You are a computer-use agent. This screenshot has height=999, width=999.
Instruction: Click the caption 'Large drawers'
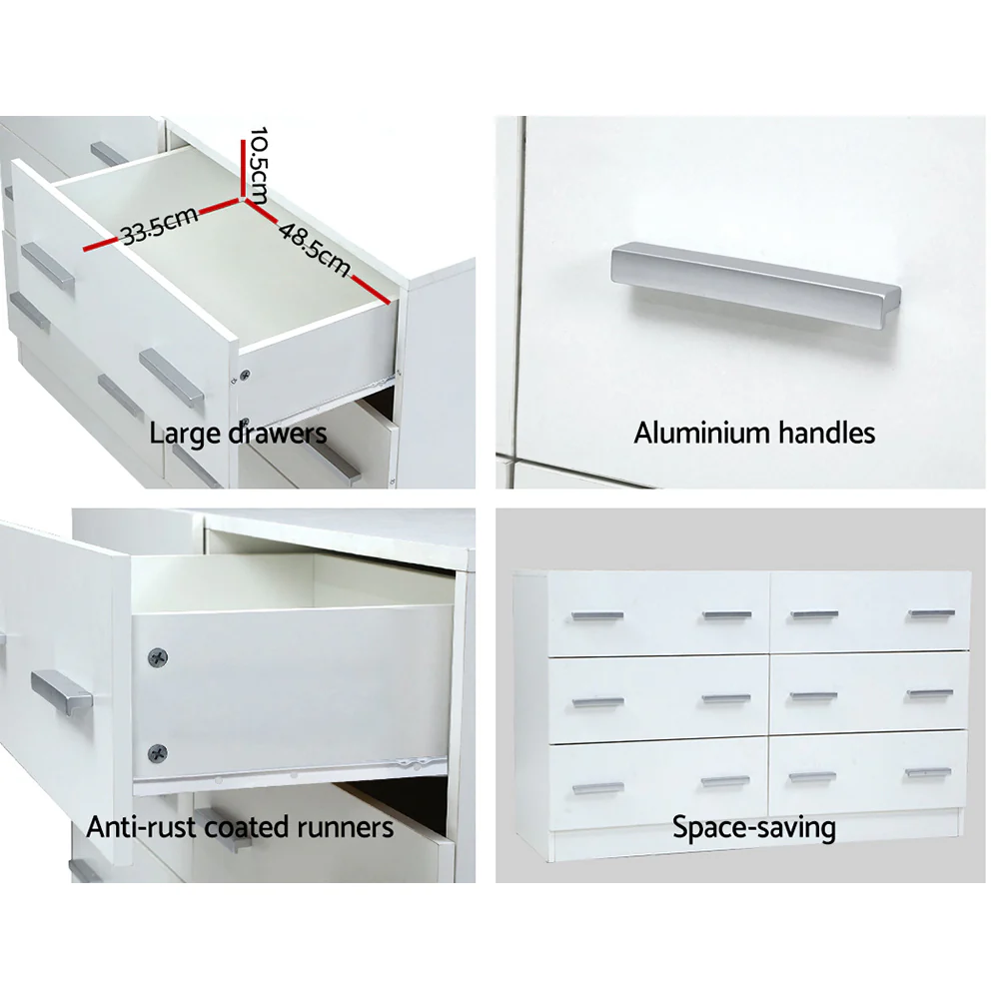pos(238,434)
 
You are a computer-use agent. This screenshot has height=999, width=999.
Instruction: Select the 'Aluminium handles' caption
pos(754,433)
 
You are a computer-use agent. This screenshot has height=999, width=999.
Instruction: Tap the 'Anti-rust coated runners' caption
pos(240,827)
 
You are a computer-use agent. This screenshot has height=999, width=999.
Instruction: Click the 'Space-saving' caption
pos(754,827)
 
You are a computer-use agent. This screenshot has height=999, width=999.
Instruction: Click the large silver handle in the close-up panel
pos(755,277)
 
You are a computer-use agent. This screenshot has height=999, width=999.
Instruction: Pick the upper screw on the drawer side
pos(158,657)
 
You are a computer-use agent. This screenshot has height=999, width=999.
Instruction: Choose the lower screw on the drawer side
pos(157,752)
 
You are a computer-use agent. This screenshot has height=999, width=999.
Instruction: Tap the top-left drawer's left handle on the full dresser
pos(598,616)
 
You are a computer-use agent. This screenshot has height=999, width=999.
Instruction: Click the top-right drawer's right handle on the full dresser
pos(931,613)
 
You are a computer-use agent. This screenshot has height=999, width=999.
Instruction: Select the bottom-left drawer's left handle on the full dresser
pos(598,787)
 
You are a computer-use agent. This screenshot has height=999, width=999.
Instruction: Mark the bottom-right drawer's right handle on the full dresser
pos(929,772)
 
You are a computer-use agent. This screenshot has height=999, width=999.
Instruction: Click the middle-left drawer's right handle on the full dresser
pos(726,698)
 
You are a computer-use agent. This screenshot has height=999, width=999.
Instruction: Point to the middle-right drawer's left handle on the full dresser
pos(815,695)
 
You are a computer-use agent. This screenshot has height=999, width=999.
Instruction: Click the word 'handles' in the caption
pos(828,433)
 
